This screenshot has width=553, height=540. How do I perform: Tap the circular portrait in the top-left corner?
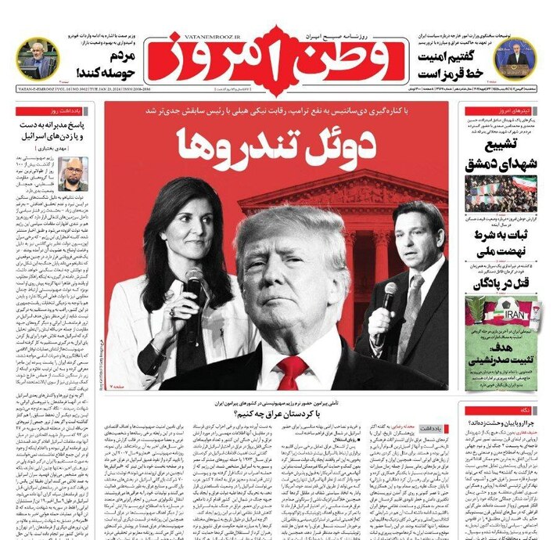point(37,57)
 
